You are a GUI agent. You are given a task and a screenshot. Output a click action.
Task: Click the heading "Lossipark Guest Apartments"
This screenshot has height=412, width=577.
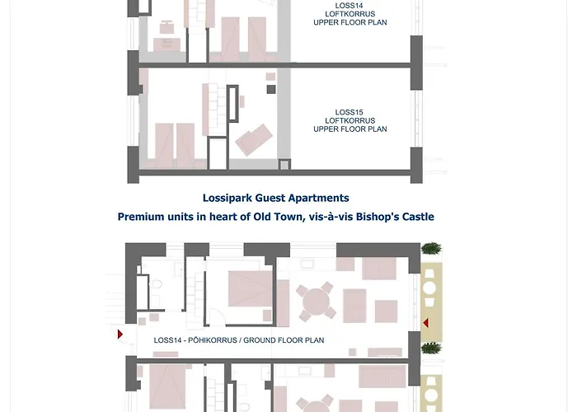275,198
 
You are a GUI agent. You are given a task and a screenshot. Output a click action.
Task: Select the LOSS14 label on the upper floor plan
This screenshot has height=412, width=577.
349,5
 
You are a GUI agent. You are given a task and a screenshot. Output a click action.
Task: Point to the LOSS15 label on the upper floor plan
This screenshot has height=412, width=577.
349,112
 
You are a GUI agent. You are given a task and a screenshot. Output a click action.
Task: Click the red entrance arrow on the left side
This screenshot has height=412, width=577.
120,335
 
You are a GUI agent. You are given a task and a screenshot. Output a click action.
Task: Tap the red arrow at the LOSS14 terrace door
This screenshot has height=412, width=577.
425,323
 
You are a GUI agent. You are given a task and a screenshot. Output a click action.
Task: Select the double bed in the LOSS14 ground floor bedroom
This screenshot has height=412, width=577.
247,289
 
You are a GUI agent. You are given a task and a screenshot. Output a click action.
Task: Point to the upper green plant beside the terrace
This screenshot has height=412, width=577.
431,249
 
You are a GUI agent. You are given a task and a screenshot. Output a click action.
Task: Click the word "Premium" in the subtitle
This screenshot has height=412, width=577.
139,217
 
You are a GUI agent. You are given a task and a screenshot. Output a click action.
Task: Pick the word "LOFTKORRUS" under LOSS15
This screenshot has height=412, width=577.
349,120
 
